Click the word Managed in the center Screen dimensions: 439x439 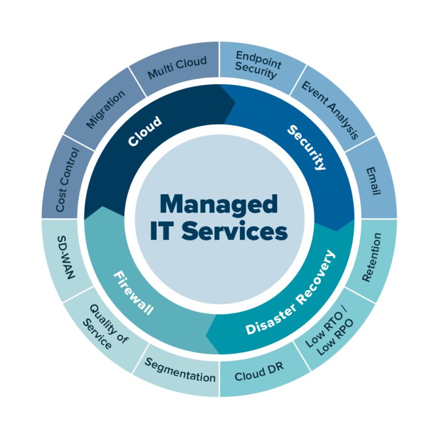[219, 204]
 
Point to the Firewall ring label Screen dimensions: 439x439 [133, 293]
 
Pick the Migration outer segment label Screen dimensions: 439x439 [105, 109]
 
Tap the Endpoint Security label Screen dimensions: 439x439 [255, 64]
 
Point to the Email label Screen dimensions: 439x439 [373, 181]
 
